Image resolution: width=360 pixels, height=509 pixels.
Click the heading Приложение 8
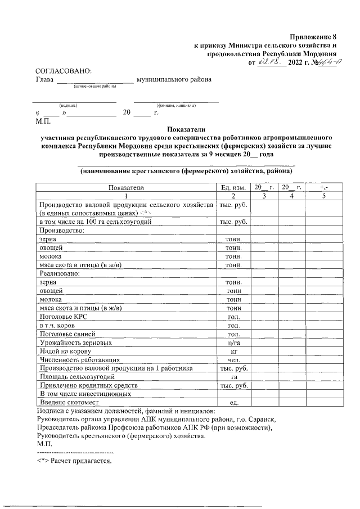tap(313, 37)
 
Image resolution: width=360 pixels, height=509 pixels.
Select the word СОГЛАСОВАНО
tap(63, 71)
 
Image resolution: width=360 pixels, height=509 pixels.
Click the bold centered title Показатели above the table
tap(183, 128)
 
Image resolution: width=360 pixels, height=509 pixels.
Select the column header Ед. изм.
tap(232, 187)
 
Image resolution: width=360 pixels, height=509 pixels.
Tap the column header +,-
tap(323, 187)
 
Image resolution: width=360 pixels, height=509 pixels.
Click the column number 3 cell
tap(263, 196)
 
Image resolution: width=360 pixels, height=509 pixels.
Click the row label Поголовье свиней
tap(67, 334)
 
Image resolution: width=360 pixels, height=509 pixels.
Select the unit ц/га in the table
tap(232, 343)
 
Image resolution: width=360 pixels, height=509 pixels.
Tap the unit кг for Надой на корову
tap(232, 351)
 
